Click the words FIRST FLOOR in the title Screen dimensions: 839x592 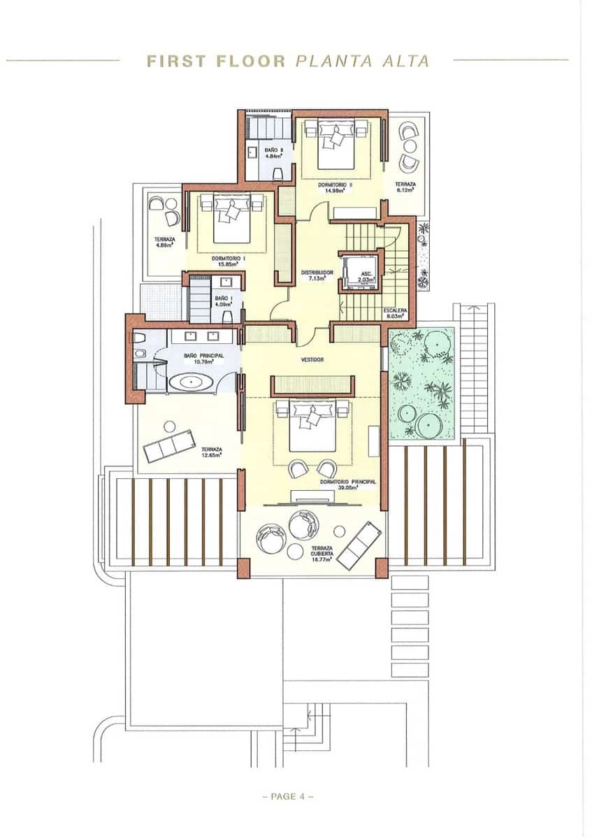(216, 61)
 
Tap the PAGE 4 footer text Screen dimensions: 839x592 (287, 796)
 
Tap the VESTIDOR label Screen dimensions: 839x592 (312, 360)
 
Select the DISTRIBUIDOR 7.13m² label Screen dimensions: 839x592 (317, 275)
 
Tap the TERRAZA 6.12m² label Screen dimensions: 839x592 (405, 187)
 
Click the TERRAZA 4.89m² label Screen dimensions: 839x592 (165, 242)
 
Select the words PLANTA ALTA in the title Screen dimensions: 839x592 (363, 61)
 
